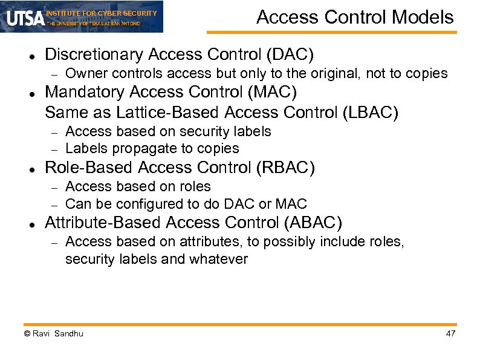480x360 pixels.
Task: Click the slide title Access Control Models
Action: coord(355,17)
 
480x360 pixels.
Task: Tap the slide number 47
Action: coord(450,334)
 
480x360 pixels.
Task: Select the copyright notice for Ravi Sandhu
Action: coord(53,334)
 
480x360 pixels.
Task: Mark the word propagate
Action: coord(135,149)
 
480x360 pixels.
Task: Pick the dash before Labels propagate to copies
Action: coord(53,149)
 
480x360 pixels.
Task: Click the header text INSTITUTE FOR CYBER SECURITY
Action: coord(102,13)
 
